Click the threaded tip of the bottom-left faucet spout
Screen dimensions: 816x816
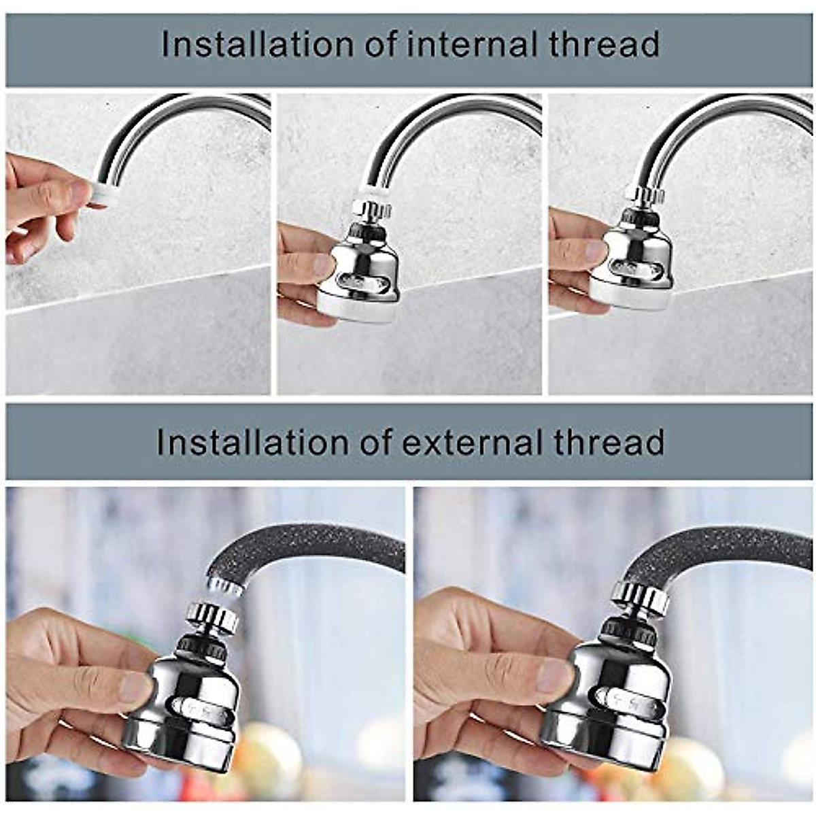224,586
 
